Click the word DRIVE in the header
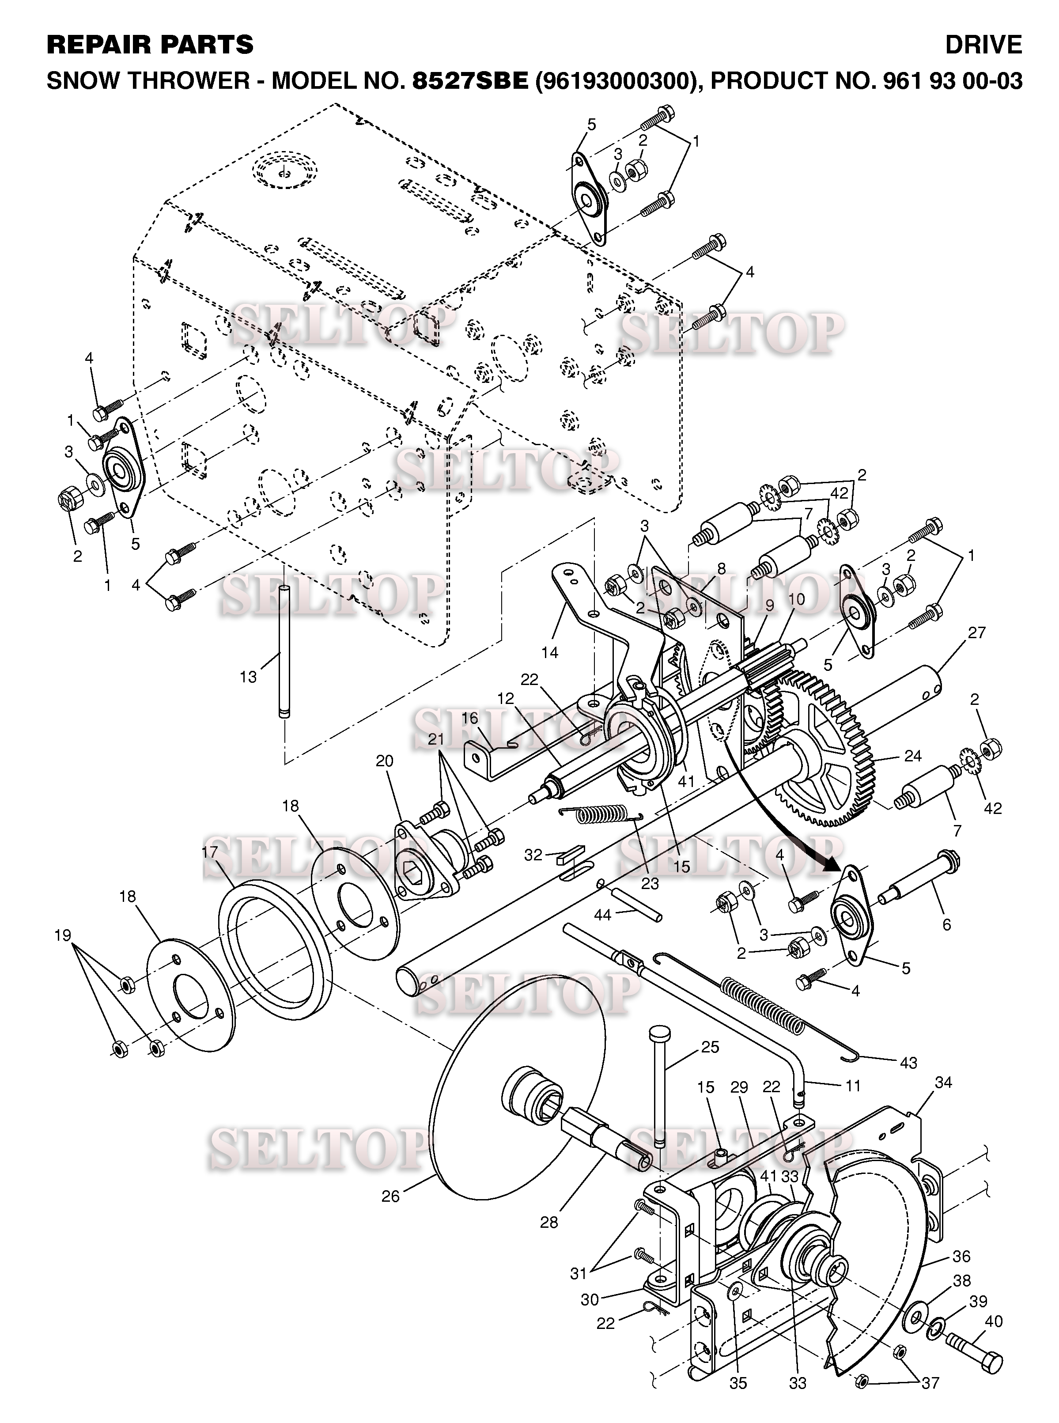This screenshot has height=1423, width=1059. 983,45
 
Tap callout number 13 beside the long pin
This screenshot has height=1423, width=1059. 248,677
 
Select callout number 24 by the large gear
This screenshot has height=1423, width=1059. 912,757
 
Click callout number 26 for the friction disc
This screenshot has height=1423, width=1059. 390,1196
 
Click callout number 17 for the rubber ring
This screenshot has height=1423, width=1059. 210,852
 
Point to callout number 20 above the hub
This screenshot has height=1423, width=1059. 385,761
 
